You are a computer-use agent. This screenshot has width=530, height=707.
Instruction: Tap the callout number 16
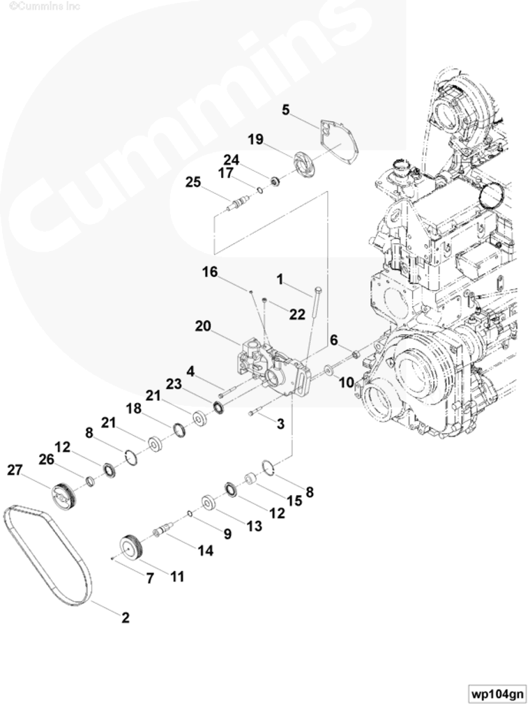211,271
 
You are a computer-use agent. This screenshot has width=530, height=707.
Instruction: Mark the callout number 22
297,314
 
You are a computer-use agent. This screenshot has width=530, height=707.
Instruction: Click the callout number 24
231,160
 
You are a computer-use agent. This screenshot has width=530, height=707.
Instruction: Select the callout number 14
204,551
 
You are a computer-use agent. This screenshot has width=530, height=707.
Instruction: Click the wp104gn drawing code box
497,694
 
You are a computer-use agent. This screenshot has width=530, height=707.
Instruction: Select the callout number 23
174,383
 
